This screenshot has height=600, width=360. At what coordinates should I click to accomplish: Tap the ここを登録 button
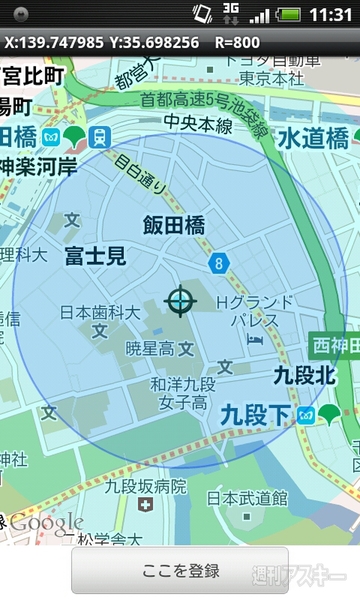click(x=179, y=570)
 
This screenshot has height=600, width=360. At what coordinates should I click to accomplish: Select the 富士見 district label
click(x=96, y=256)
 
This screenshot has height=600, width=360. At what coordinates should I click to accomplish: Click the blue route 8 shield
click(x=219, y=263)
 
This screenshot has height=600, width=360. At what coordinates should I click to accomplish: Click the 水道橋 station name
click(x=313, y=137)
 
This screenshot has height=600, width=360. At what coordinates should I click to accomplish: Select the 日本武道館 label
click(x=247, y=497)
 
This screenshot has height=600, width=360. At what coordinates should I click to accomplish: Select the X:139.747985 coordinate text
click(x=53, y=43)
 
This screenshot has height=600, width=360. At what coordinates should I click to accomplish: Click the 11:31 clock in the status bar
click(x=331, y=15)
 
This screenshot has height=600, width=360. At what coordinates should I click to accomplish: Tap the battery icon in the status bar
click(x=289, y=15)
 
